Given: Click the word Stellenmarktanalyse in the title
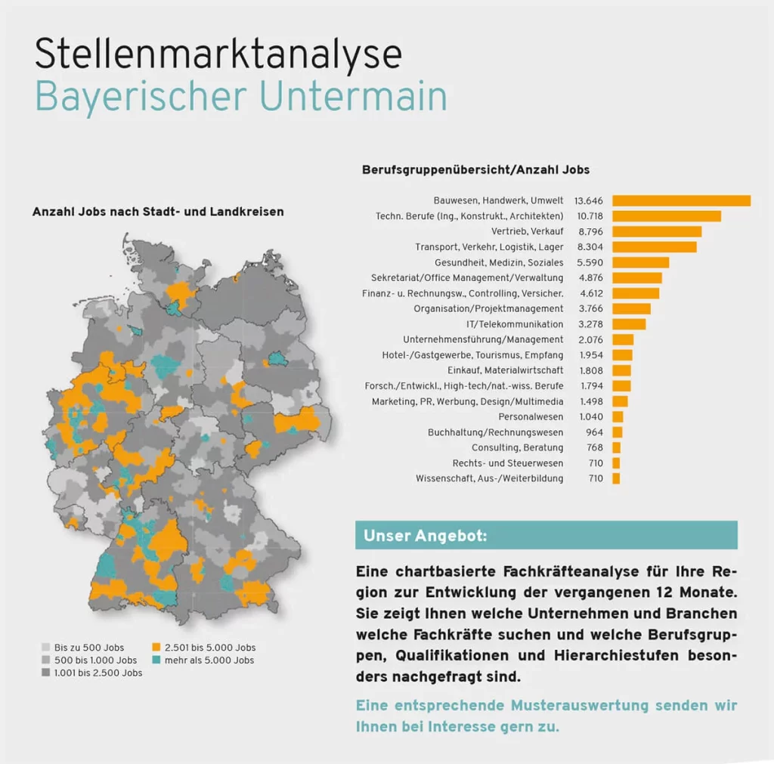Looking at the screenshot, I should pyautogui.click(x=218, y=55).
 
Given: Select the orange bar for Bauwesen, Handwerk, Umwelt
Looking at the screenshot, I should pyautogui.click(x=681, y=200).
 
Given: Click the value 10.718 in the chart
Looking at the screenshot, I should pyautogui.click(x=589, y=216).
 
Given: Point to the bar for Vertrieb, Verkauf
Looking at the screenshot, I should pyautogui.click(x=657, y=231).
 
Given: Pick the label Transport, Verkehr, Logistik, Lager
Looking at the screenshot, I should pyautogui.click(x=489, y=247).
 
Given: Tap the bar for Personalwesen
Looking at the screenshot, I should pyautogui.click(x=618, y=416).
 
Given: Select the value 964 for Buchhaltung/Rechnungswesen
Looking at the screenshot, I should pyautogui.click(x=595, y=432).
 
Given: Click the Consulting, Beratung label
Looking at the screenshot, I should pyautogui.click(x=517, y=448).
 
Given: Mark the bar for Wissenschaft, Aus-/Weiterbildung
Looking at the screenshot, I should pyautogui.click(x=616, y=478).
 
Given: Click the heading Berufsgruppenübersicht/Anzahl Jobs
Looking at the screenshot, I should pyautogui.click(x=475, y=170).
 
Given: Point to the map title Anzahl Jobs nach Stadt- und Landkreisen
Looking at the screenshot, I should pyautogui.click(x=158, y=212).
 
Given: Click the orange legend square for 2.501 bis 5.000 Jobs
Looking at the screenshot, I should pyautogui.click(x=156, y=648).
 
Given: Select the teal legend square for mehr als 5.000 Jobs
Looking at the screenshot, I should pyautogui.click(x=156, y=660).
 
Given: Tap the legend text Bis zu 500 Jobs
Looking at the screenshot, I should pyautogui.click(x=89, y=648).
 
